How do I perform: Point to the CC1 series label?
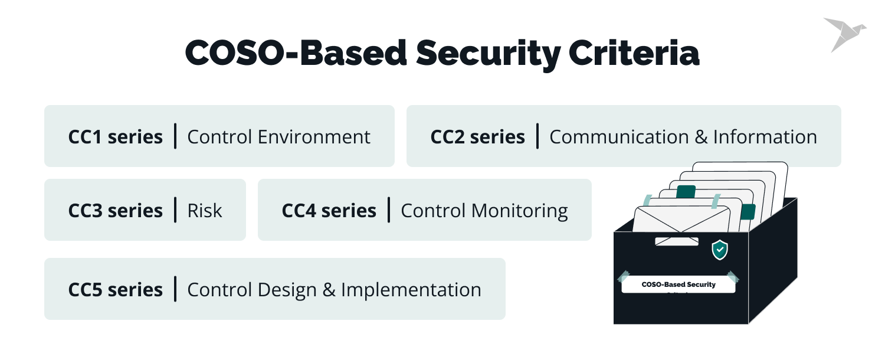pyautogui.click(x=116, y=137)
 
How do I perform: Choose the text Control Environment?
pyautogui.click(x=278, y=137)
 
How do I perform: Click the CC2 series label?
pyautogui.click(x=477, y=137)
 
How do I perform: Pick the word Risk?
pyautogui.click(x=205, y=211)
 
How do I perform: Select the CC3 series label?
pyautogui.click(x=116, y=211)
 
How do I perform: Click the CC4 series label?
pyautogui.click(x=329, y=211)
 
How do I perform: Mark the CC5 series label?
pyautogui.click(x=116, y=290)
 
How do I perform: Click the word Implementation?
pyautogui.click(x=411, y=290)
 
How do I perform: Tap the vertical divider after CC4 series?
pyautogui.click(x=389, y=210)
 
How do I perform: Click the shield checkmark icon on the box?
pyautogui.click(x=719, y=250)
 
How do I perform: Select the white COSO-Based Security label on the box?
pyautogui.click(x=678, y=285)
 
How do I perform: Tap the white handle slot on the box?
pyautogui.click(x=677, y=241)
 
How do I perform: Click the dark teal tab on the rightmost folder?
pyautogui.click(x=748, y=211)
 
